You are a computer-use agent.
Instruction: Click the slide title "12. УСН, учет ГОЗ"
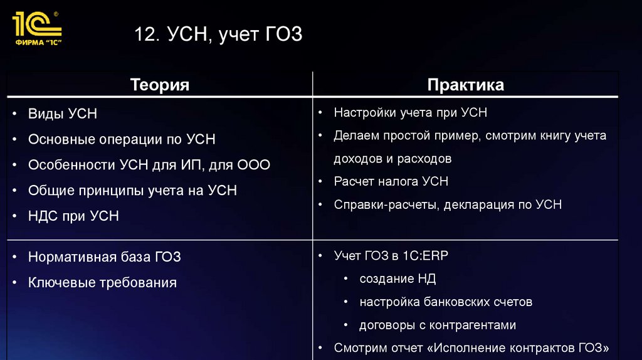coord(218,34)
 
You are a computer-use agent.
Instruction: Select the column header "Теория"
coord(160,85)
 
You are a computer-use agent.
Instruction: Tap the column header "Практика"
coord(465,85)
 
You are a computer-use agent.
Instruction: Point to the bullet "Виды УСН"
coord(63,114)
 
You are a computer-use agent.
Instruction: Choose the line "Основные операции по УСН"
coord(122,139)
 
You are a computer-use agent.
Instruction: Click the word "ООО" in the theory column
coord(253,165)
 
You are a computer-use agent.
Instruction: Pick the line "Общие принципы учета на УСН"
coord(132,190)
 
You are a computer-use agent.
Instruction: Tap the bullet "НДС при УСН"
coord(73,216)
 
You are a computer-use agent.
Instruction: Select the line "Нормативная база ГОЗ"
coord(105,257)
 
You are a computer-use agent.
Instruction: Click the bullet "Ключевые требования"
coord(102,282)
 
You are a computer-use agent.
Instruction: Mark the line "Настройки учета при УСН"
coord(411,113)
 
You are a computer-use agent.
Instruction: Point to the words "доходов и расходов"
coord(392,159)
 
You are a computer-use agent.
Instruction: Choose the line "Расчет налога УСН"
coord(391,181)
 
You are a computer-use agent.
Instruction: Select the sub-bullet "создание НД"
coord(397,278)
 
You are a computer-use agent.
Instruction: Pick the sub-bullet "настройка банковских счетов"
coord(446,302)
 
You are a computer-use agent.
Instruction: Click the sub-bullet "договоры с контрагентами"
coord(438,325)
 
